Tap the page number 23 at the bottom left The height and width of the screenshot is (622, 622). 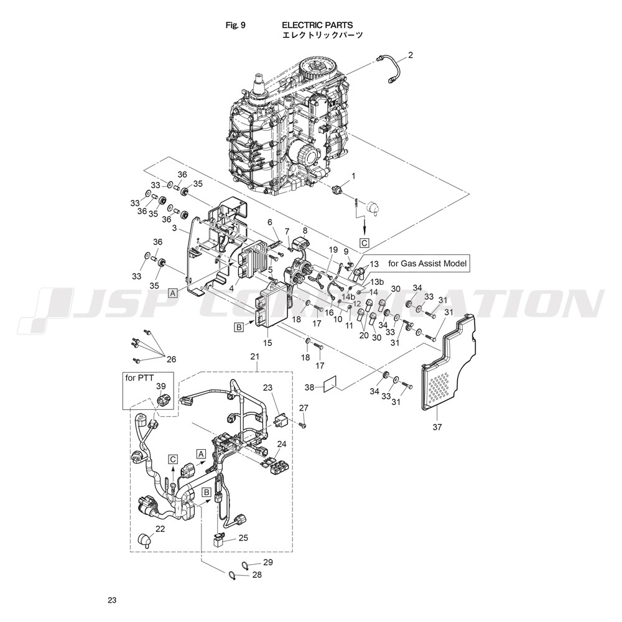pyautogui.click(x=112, y=600)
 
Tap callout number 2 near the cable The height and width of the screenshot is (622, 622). pyautogui.click(x=411, y=55)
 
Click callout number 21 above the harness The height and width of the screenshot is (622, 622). pyautogui.click(x=254, y=356)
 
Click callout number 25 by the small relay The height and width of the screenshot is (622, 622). pyautogui.click(x=243, y=537)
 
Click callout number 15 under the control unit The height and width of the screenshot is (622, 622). pyautogui.click(x=268, y=342)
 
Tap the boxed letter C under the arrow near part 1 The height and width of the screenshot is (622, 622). pyautogui.click(x=364, y=242)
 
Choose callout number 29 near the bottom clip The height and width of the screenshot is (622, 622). pyautogui.click(x=268, y=562)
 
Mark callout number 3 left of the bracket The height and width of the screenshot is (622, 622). pyautogui.click(x=175, y=230)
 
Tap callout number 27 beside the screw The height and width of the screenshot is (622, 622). pyautogui.click(x=304, y=407)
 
